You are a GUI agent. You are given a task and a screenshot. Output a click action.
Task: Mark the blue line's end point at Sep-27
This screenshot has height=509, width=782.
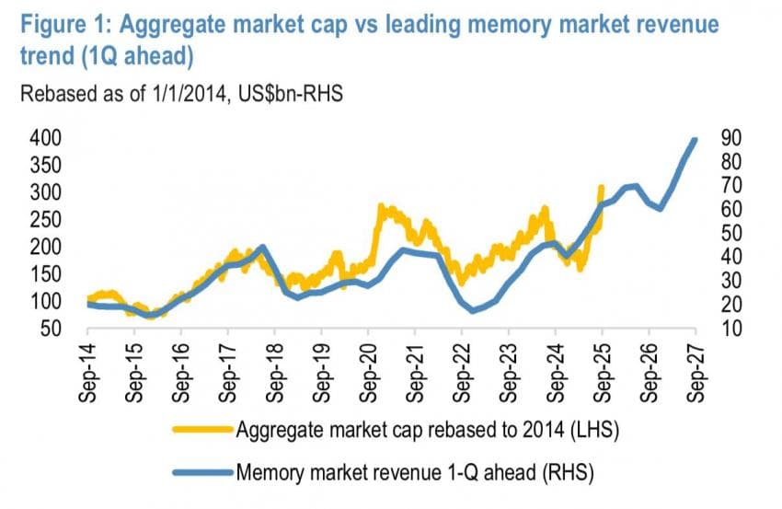pos(695,139)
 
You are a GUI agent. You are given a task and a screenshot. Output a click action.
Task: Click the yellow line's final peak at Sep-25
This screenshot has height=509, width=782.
pos(602,187)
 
